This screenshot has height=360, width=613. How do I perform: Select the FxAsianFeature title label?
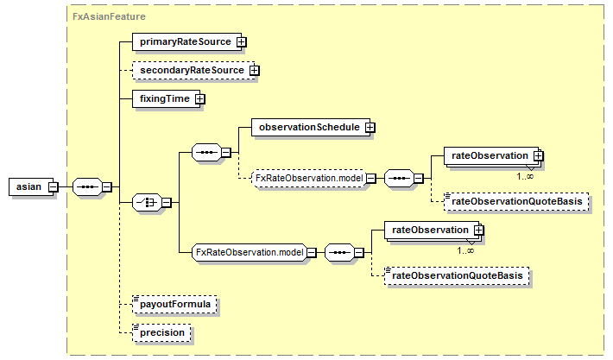(109, 16)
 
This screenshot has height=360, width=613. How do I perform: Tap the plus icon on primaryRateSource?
(243, 41)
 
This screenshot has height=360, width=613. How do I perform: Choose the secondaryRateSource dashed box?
(190, 70)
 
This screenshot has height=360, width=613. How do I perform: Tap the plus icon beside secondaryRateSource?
(255, 70)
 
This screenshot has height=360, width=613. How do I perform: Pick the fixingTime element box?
(164, 98)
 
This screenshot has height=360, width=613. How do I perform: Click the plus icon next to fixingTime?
(200, 98)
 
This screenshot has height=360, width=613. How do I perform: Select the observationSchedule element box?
(307, 127)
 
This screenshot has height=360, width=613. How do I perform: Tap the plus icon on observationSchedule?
(370, 127)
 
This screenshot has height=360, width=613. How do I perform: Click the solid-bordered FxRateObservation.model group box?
(248, 252)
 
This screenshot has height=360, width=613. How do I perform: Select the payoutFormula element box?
(174, 305)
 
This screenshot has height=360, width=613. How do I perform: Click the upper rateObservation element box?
(489, 155)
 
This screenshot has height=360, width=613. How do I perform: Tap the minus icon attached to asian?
(53, 186)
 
